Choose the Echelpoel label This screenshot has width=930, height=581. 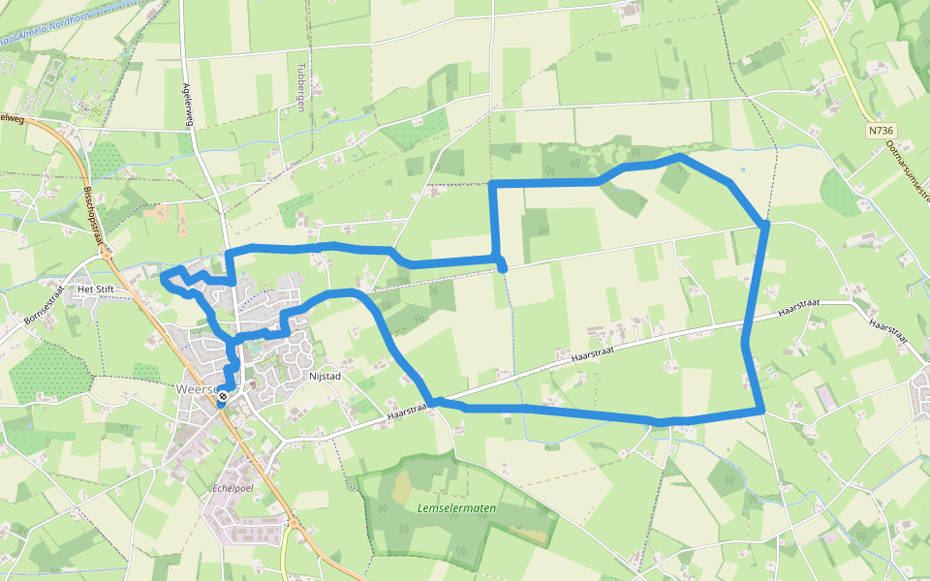[x=232, y=488]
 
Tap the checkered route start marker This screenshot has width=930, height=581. [x=223, y=395]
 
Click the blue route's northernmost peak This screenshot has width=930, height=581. [x=681, y=155]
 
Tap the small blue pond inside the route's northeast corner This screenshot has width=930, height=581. [x=743, y=170]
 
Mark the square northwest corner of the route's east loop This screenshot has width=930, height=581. [x=493, y=183]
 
